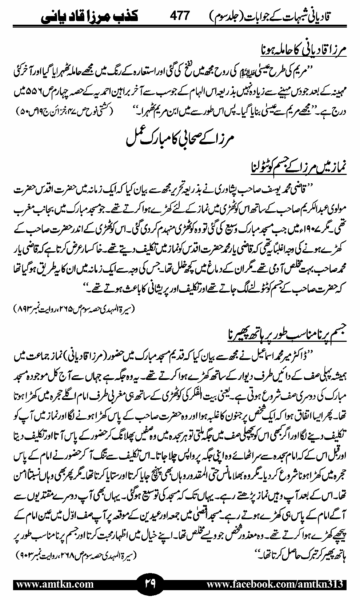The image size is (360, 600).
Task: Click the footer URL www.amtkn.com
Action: coord(55,584)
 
